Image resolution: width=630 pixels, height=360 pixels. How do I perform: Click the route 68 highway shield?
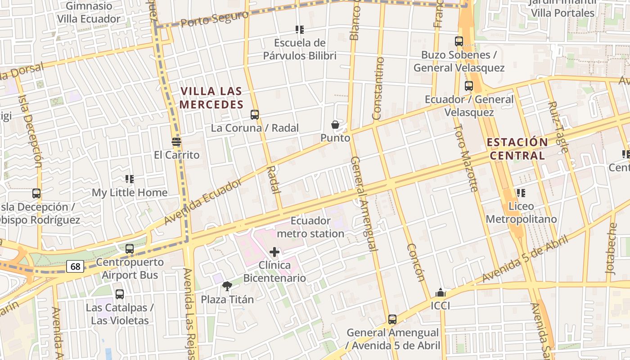(75, 266)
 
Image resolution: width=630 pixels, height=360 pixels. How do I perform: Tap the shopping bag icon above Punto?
(335, 125)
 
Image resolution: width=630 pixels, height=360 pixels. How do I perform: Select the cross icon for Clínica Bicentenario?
(274, 252)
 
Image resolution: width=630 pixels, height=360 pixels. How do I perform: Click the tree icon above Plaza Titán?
(227, 286)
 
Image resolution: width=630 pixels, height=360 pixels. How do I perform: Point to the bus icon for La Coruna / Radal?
(255, 114)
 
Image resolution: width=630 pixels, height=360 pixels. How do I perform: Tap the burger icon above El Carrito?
(176, 142)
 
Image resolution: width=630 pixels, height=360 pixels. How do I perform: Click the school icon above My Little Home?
(130, 179)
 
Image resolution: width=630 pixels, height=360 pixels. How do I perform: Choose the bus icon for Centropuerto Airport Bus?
(130, 248)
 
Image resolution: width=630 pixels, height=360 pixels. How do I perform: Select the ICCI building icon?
(441, 293)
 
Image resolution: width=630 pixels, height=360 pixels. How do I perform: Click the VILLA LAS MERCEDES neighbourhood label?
(211, 98)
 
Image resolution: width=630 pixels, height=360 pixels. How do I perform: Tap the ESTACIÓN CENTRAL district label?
(517, 149)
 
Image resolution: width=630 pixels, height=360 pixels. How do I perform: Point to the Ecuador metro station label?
(310, 227)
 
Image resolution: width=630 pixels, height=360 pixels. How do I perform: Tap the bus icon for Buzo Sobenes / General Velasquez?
(459, 41)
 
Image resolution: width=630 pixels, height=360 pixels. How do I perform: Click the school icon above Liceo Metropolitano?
(521, 193)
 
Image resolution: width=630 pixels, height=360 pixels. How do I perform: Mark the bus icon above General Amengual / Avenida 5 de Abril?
(392, 319)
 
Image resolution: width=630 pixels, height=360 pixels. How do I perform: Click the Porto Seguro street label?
(215, 19)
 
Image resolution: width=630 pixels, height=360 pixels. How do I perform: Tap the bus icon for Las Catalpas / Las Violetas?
(120, 294)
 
